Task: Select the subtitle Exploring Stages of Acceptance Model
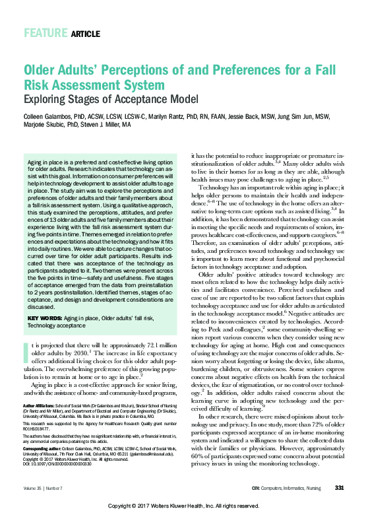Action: pyautogui.click(x=111, y=99)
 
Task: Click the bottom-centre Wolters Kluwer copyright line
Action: pyautogui.click(x=183, y=506)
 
